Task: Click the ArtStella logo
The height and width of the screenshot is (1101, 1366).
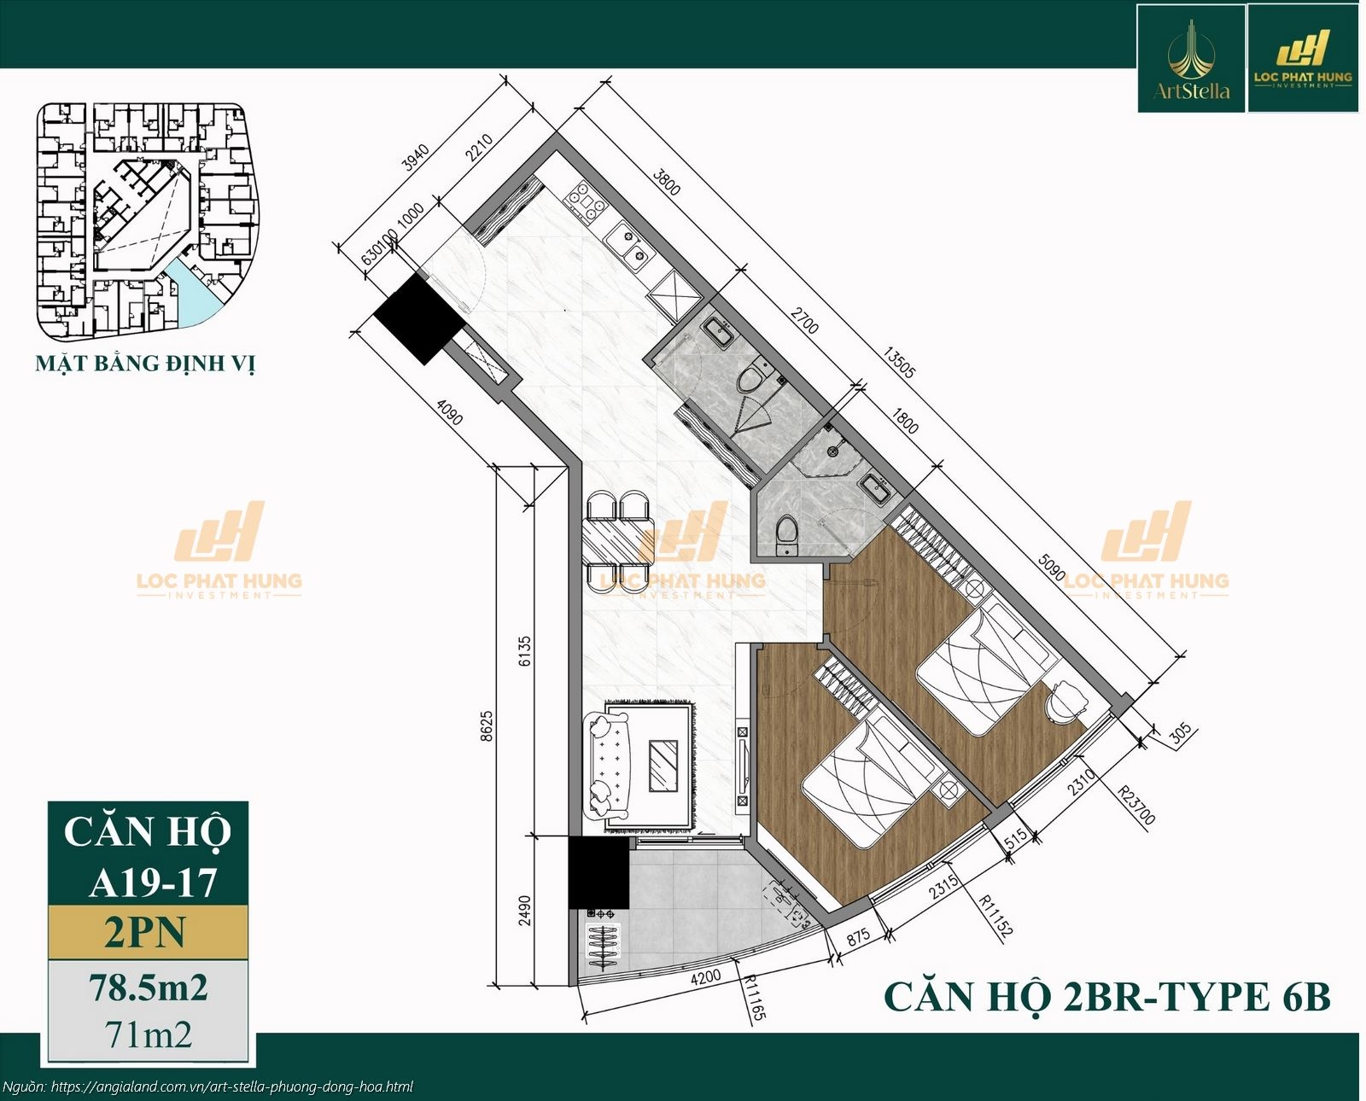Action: [1192, 59]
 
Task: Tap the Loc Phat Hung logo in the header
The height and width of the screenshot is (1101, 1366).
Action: [1303, 59]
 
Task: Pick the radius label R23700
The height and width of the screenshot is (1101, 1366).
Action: [1136, 802]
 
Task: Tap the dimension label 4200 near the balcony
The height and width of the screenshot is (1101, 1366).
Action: [705, 976]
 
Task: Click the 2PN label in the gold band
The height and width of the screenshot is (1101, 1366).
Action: [145, 932]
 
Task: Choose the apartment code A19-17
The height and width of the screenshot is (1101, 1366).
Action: [153, 883]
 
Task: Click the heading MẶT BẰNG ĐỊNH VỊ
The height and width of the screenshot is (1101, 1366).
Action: [145, 364]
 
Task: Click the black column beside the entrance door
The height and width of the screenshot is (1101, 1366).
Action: [418, 317]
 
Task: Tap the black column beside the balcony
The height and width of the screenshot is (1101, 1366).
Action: [598, 871]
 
